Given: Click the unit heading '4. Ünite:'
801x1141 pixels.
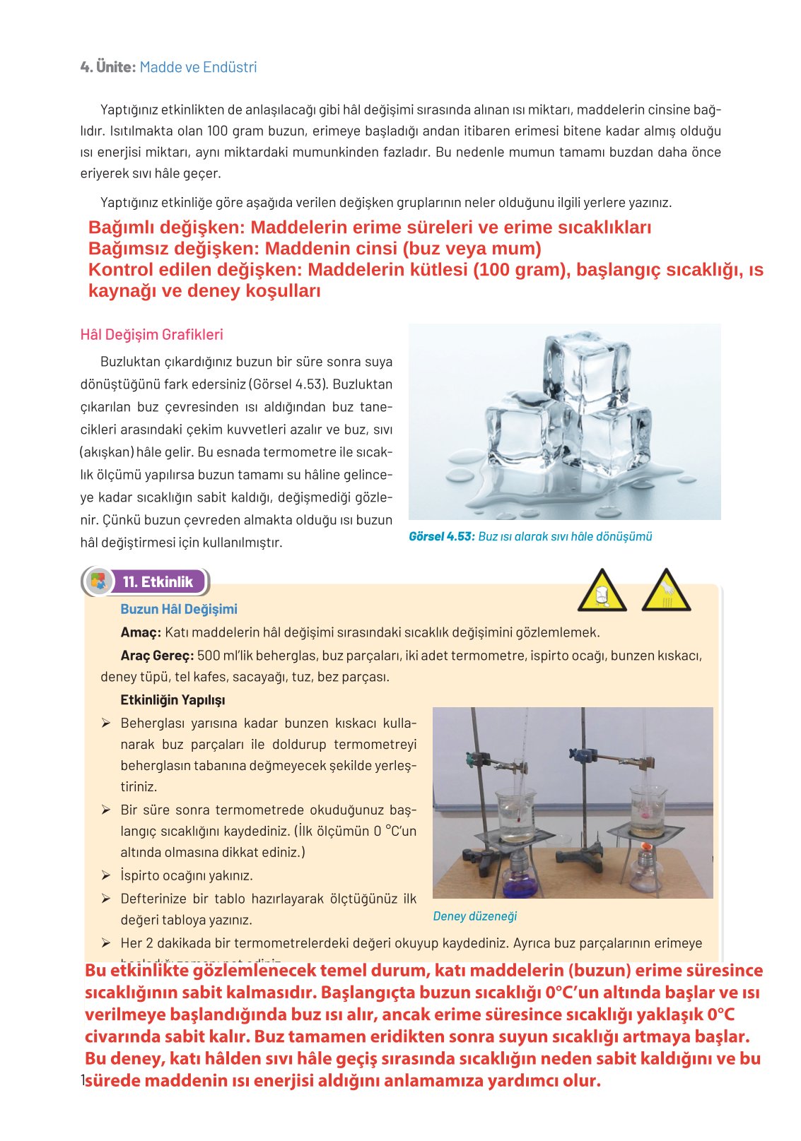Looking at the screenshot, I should [x=107, y=67].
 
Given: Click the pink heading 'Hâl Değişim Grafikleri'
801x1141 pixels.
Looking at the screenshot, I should [x=151, y=335].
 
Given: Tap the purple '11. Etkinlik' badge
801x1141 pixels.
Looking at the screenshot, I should [x=158, y=582].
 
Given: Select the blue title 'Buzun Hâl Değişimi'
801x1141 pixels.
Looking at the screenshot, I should [x=179, y=609].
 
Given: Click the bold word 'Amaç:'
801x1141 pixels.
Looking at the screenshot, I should [x=141, y=632].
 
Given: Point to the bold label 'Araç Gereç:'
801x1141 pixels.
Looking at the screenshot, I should [x=157, y=656].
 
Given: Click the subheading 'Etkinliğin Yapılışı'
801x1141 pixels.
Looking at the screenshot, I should [x=173, y=700].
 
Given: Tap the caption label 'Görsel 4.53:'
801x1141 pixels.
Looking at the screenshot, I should [x=442, y=537].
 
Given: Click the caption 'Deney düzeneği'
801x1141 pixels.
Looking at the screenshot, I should [x=474, y=916].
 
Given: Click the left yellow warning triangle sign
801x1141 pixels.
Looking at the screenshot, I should [x=602, y=592].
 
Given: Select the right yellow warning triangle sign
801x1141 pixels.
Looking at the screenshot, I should [x=666, y=592].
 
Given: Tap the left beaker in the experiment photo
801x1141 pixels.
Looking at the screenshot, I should [x=516, y=816].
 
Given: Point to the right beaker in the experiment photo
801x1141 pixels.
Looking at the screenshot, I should [x=648, y=805].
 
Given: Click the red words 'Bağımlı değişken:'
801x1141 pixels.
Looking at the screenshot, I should [x=166, y=227].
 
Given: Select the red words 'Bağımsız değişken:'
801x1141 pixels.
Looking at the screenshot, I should [x=173, y=249].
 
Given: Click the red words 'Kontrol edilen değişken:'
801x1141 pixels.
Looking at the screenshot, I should [x=195, y=270].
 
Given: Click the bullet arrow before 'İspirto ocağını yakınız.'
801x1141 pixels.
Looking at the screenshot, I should [x=105, y=876].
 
